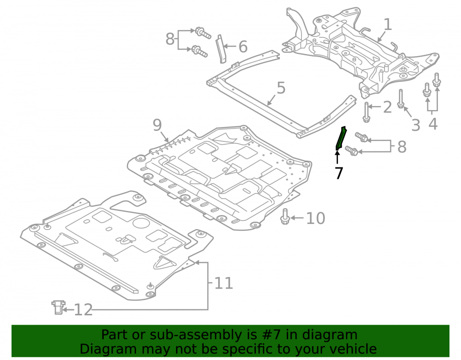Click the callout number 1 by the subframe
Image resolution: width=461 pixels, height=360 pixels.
(388, 24)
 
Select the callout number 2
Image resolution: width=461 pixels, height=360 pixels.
(388, 107)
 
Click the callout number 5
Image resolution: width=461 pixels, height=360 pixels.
(281, 88)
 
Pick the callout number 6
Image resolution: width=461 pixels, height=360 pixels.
(243, 47)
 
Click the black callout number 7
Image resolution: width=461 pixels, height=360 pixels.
(339, 173)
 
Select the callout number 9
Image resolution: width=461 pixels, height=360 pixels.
(157, 125)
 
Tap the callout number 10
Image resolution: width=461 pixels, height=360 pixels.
(315, 218)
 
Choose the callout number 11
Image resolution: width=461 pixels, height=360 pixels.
(224, 283)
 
